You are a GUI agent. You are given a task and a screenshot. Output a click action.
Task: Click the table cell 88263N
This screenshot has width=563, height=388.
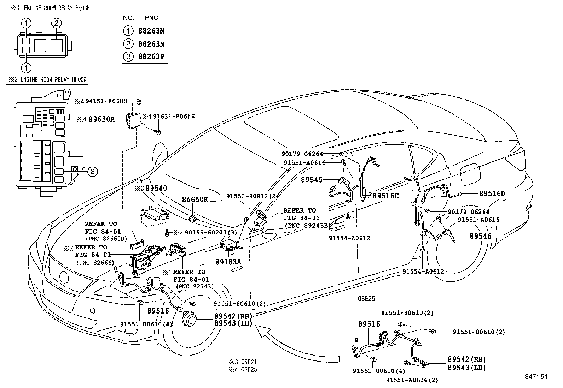point(151,44)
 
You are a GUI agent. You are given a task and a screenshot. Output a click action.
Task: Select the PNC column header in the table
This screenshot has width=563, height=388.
point(151,18)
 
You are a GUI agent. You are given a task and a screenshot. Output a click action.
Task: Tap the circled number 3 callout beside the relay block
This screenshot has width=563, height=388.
point(92,172)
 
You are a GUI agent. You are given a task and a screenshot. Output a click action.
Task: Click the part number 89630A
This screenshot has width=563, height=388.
point(101,119)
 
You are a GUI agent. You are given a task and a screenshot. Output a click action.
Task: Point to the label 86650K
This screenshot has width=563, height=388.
point(195,200)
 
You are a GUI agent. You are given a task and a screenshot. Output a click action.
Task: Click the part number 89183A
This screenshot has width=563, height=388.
point(228,262)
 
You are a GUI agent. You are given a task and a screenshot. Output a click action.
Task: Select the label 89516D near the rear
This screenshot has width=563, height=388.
point(492,194)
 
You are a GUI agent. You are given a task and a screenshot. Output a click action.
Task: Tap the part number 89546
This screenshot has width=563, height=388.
point(480,236)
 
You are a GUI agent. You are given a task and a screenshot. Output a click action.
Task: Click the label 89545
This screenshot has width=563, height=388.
point(312,180)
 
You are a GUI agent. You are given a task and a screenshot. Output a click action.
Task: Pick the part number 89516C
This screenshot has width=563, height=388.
point(385,196)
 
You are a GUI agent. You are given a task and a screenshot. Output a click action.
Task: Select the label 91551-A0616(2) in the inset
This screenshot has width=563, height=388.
point(412,380)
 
